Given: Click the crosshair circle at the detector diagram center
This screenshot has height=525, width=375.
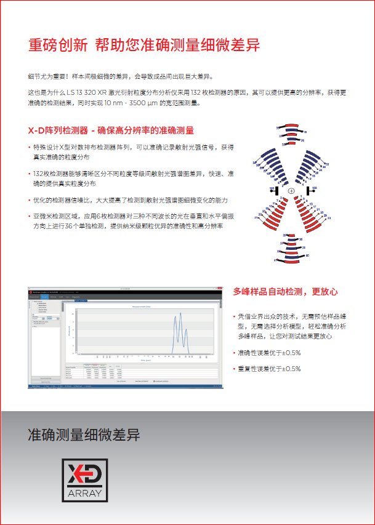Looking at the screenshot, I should click(291, 191).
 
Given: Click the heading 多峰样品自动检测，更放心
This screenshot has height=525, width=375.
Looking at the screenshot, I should click(286, 291).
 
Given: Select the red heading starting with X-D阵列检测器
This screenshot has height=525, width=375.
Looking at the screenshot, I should click(111, 130).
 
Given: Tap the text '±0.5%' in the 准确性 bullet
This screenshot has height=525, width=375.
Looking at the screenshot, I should click(287, 353).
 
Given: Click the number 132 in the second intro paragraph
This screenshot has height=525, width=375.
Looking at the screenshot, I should click(200, 92).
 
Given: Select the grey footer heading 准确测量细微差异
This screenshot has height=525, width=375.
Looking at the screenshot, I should click(84, 436).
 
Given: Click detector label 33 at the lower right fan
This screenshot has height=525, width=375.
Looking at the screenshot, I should click(329, 218).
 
